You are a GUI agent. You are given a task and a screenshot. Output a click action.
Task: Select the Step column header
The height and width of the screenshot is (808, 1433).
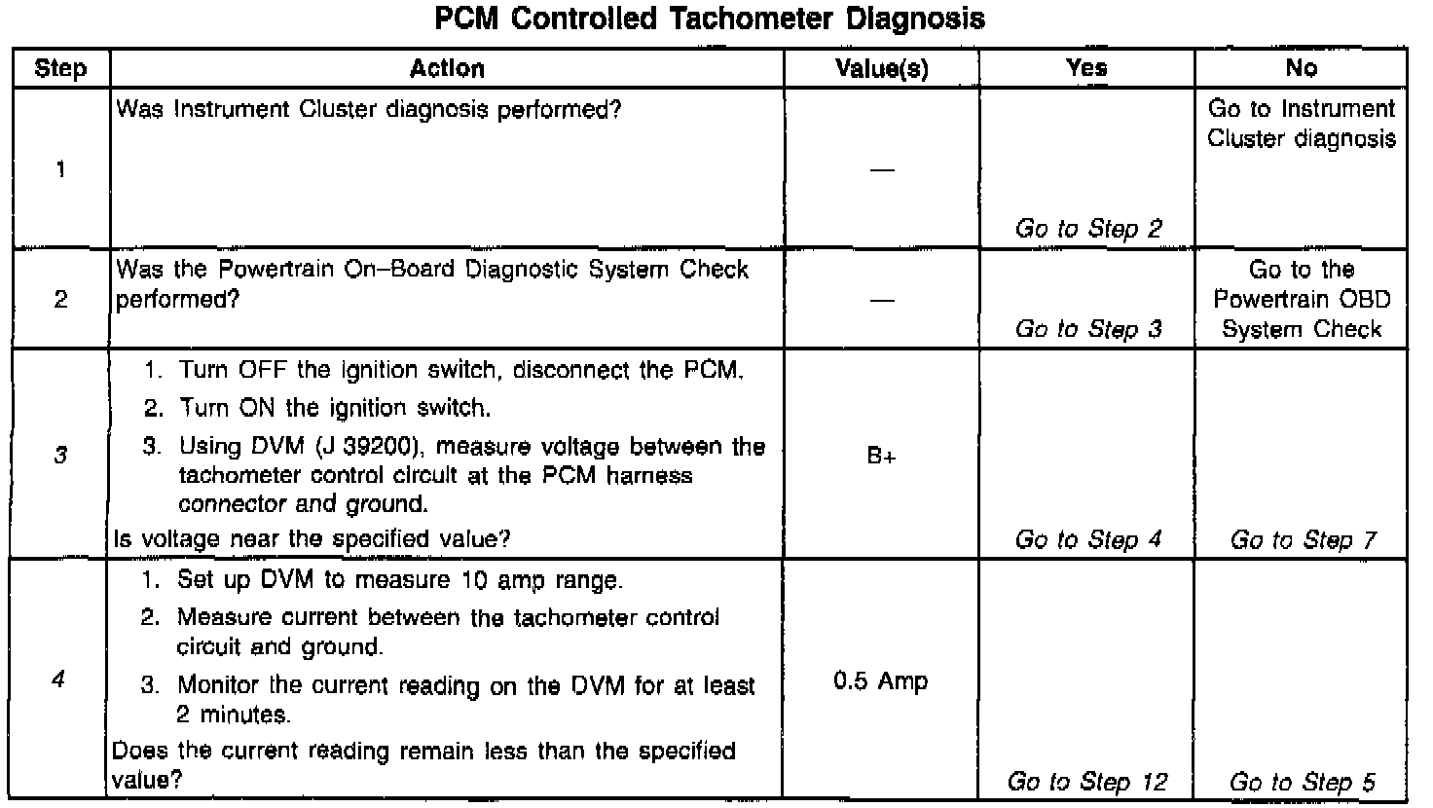(60, 68)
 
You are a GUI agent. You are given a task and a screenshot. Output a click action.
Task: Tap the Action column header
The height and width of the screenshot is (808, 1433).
(447, 68)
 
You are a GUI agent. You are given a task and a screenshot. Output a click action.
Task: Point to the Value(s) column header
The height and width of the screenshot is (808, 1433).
(882, 68)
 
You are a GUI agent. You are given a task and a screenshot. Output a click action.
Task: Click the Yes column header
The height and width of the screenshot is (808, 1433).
(1086, 68)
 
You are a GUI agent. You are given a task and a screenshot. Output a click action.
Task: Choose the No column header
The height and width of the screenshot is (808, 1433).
(1301, 68)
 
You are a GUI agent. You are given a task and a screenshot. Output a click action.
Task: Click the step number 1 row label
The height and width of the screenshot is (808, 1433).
(60, 169)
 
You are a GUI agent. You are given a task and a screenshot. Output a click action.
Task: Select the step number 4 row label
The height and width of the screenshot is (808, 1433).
(58, 680)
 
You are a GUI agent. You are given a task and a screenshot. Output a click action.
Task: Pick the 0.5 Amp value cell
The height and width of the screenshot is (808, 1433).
(881, 681)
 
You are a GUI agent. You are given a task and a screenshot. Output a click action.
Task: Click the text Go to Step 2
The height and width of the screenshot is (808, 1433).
(1088, 229)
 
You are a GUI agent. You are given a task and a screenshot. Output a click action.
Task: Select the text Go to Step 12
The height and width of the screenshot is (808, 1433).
(1086, 782)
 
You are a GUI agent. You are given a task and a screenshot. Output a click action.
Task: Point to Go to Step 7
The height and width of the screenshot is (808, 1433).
(1303, 540)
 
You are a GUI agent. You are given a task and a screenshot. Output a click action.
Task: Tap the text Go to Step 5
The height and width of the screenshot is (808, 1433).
(1303, 782)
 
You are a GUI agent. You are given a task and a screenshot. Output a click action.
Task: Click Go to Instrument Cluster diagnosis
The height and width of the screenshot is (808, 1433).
(1302, 124)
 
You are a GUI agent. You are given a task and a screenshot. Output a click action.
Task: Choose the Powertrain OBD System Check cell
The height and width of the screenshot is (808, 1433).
(1302, 299)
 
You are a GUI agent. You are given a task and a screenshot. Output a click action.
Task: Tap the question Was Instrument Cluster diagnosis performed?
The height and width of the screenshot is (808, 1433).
(369, 109)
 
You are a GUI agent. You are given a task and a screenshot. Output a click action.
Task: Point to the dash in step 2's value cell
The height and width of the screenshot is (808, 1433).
(882, 300)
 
